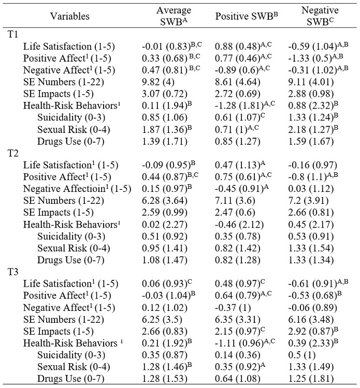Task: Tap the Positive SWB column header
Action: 247,16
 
